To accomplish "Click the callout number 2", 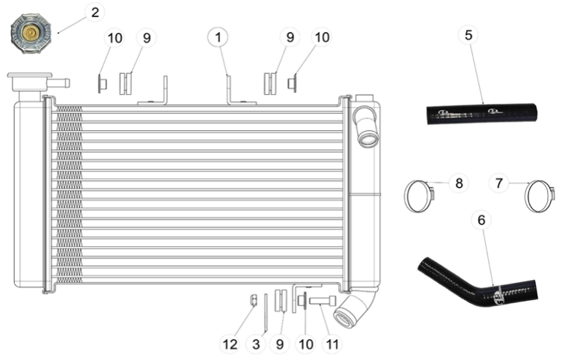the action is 95,12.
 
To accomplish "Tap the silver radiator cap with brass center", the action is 31,34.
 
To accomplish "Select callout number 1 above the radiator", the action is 218,37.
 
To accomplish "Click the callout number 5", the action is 468,35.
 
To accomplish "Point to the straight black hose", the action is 482,114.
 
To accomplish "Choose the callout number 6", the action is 481,220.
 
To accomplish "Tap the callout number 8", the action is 459,183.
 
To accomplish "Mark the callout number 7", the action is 499,183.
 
